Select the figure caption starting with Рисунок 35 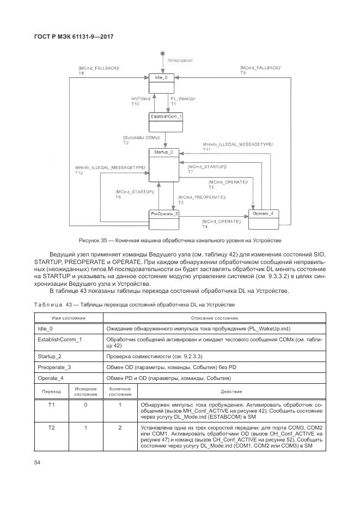[x=180, y=241]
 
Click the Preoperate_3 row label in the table [x=54, y=367]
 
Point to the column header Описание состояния [x=212, y=317]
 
